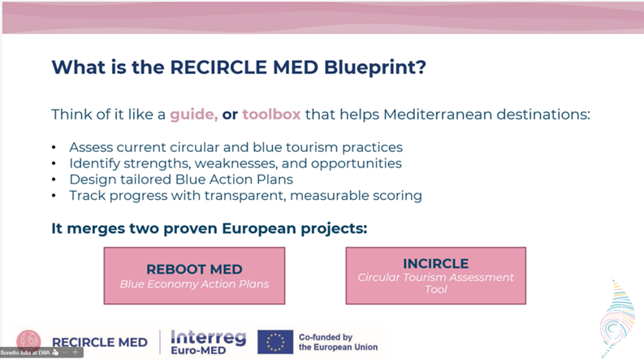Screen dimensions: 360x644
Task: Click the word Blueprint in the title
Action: (372, 67)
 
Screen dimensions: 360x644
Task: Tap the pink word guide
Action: (193, 114)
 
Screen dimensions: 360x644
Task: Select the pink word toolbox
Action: (271, 114)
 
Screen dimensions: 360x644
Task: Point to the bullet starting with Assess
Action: (236, 147)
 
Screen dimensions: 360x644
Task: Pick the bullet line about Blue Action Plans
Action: (180, 180)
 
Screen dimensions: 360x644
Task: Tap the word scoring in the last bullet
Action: (395, 196)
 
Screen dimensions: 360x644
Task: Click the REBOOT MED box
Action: (194, 275)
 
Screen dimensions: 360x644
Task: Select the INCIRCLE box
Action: (435, 275)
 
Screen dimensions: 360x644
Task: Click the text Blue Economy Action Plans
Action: (194, 284)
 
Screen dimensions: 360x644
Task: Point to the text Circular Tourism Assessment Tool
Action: (435, 283)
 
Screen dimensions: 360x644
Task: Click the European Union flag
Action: (275, 342)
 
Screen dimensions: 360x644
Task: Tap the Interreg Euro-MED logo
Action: (208, 341)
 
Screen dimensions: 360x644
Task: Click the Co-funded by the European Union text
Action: (338, 342)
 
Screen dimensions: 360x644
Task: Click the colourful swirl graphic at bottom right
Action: (617, 319)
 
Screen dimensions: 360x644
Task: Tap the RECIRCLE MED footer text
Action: (99, 343)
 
